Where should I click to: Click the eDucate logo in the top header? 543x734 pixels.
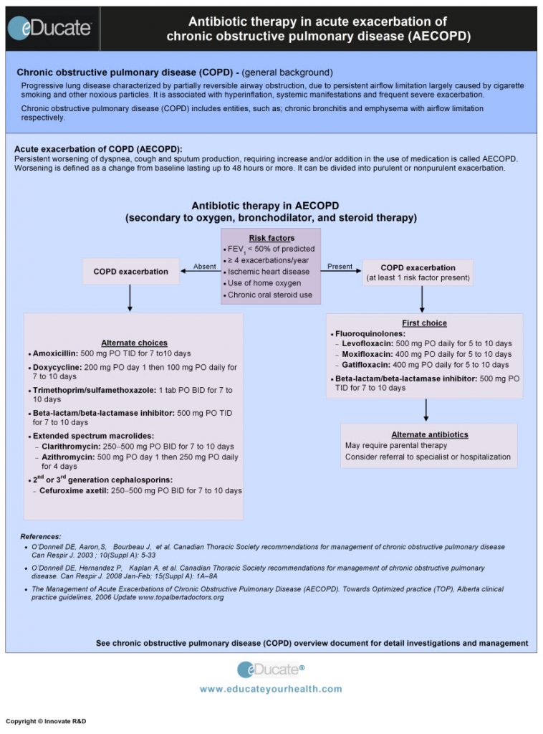tap(50, 28)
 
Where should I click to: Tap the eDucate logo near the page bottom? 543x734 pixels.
tap(270, 669)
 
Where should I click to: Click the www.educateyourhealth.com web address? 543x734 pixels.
tap(271, 689)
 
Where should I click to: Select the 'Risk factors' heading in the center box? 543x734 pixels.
tap(271, 238)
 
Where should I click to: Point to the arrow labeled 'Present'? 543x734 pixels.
tap(341, 272)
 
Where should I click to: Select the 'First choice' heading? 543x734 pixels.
tap(424, 323)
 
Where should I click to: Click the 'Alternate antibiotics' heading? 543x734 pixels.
tap(429, 434)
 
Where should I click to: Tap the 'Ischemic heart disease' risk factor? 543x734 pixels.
tap(269, 272)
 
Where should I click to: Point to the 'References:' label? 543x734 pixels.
tap(41, 536)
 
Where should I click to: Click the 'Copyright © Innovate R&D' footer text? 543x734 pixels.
tap(46, 721)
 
